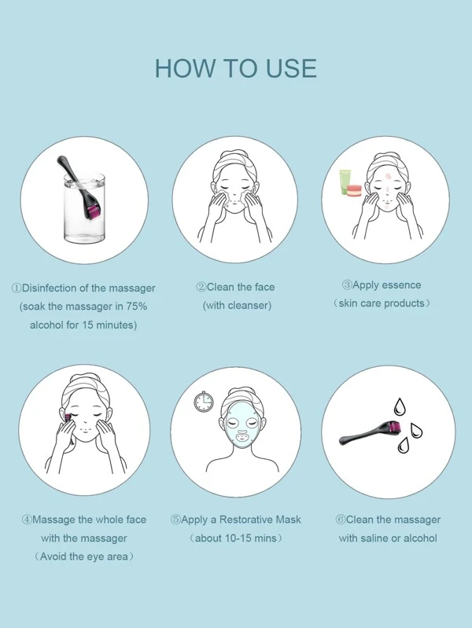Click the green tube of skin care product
pyautogui.click(x=345, y=182)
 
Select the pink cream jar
pyautogui.click(x=355, y=191)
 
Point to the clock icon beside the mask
pyautogui.click(x=204, y=402)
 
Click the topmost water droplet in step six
pyautogui.click(x=400, y=406)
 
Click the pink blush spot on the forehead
pyautogui.click(x=388, y=175)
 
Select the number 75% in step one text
pyautogui.click(x=137, y=307)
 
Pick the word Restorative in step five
pyautogui.click(x=244, y=520)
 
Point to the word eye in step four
pyautogui.click(x=95, y=557)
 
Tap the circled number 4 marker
pyautogui.click(x=27, y=520)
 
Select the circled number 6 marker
pyautogui.click(x=340, y=520)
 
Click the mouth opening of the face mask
pyautogui.click(x=242, y=435)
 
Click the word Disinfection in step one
pyautogui.click(x=50, y=288)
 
